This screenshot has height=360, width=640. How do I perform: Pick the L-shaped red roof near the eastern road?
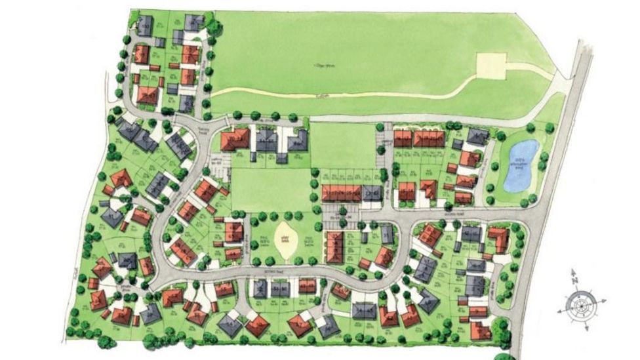tap(498, 239)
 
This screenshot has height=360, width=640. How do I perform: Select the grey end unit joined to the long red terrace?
tap(372, 192)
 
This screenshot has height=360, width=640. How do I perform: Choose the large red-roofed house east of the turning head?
tap(235, 139)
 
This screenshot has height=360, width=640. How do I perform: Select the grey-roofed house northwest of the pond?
tap(478, 136)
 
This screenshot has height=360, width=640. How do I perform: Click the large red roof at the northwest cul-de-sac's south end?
tap(148, 96)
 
